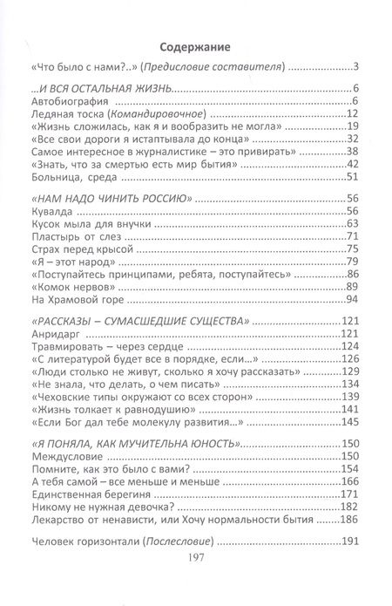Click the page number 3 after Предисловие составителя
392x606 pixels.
coord(357,67)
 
